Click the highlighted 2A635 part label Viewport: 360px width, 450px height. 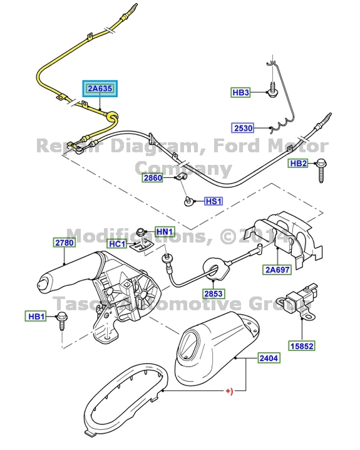(100, 89)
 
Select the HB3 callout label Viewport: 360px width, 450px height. (240, 93)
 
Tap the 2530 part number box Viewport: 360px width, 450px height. (243, 128)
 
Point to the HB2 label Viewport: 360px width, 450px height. (297, 164)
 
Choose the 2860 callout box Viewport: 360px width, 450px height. (153, 178)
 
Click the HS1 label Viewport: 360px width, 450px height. (214, 202)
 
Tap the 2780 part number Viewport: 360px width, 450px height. (64, 241)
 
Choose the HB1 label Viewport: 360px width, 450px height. (36, 316)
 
